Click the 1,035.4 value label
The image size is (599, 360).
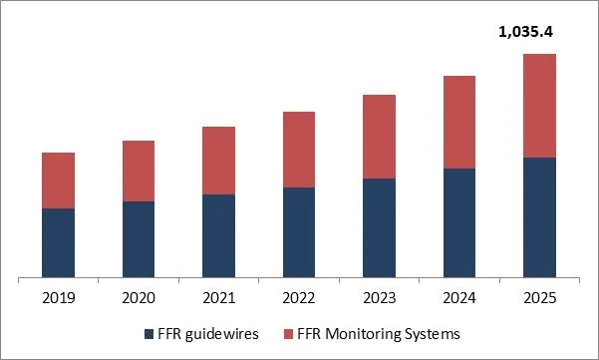[x=524, y=33]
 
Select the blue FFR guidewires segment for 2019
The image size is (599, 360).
[x=59, y=242]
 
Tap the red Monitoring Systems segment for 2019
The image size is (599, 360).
[x=59, y=180]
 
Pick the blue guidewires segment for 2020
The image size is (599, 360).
[x=139, y=239]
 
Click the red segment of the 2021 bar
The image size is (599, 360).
[x=218, y=161]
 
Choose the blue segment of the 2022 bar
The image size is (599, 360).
[x=299, y=232]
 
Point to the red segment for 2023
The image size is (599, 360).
[x=379, y=137]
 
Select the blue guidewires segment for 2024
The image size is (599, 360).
[x=458, y=222]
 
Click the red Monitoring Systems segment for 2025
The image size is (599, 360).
[x=539, y=106]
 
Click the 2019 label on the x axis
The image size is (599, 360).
[x=59, y=297]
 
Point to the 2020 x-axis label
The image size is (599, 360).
[x=139, y=297]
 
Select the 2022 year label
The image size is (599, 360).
[x=299, y=297]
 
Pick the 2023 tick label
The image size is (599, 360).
[x=379, y=297]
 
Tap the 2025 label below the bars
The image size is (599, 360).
[x=539, y=297]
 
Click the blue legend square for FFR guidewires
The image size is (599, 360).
[x=150, y=334]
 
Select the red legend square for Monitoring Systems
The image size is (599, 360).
[x=288, y=334]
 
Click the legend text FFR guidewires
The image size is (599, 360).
[x=208, y=334]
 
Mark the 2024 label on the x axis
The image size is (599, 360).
[x=458, y=297]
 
